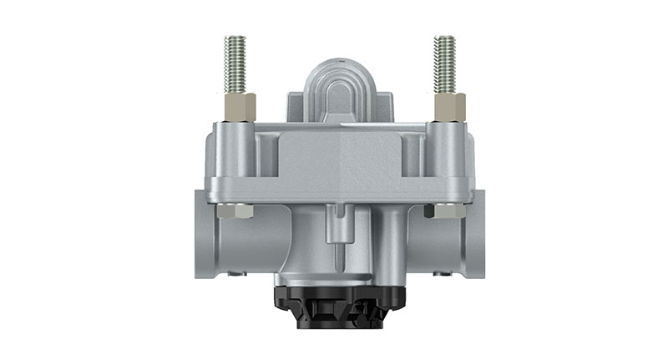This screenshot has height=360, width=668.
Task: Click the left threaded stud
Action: click(232, 65)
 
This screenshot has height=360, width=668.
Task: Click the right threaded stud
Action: click(443, 65)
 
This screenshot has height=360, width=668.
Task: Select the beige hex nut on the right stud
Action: click(448, 107)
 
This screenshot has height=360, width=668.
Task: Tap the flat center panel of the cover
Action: click(338, 159)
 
